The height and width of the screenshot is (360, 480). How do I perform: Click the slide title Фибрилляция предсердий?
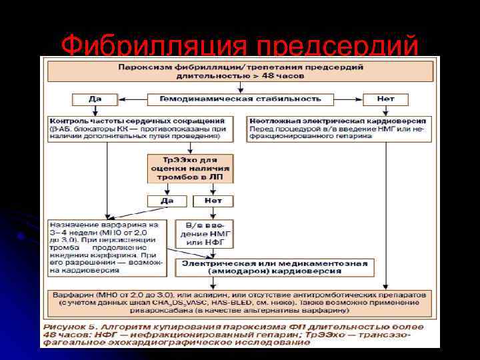click(240, 46)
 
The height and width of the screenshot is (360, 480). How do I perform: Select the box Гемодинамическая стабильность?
click(240, 99)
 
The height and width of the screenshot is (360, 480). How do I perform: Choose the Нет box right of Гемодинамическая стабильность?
click(385, 99)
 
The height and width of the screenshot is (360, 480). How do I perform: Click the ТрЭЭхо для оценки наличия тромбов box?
click(191, 169)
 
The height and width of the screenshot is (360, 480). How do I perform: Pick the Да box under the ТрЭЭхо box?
click(168, 201)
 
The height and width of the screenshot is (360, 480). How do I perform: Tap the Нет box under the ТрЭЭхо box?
click(213, 201)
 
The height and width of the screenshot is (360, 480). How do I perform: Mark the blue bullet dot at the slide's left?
click(22, 236)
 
